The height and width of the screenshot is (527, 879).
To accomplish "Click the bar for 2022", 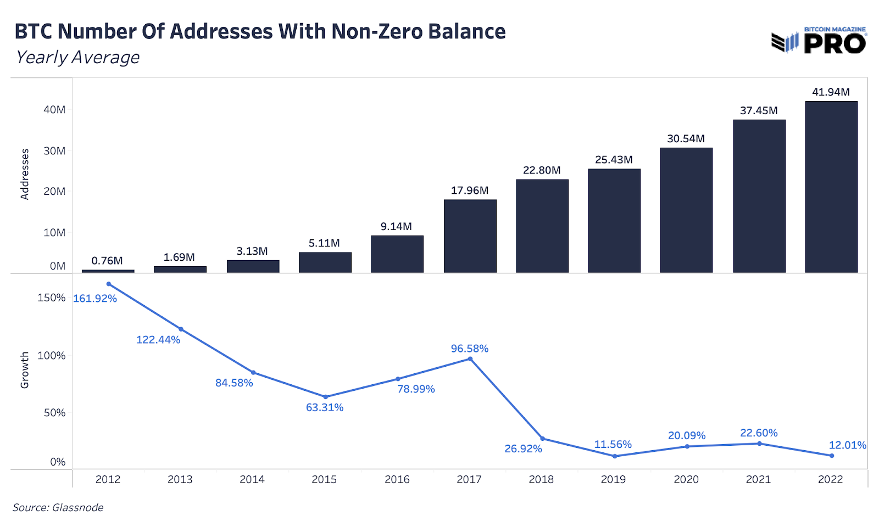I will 831,187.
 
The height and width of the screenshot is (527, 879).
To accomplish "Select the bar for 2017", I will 470,236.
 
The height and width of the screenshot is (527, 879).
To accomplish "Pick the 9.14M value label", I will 396,226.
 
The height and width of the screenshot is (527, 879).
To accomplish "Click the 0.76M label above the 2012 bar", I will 107,260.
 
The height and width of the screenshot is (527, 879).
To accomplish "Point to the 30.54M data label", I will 686,138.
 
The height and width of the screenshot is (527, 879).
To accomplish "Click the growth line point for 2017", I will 470,359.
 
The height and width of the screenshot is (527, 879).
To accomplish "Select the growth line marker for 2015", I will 326,397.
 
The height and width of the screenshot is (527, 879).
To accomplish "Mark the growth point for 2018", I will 542,439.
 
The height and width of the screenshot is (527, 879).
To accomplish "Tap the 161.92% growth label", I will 95,299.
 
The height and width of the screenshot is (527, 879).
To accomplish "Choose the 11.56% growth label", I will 613,444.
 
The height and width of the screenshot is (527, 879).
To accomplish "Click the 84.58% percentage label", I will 234,383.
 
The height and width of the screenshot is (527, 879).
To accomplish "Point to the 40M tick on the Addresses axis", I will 54,109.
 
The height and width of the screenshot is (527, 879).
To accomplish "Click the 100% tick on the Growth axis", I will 51,355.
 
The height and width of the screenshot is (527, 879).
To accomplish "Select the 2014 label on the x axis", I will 252,479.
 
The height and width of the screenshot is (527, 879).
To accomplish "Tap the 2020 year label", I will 686,479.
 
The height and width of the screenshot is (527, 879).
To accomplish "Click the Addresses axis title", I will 25,174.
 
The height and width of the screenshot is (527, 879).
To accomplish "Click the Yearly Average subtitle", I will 77,57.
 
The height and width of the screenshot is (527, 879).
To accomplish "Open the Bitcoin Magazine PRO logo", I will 819,40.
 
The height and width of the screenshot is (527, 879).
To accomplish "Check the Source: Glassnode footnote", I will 58,507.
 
